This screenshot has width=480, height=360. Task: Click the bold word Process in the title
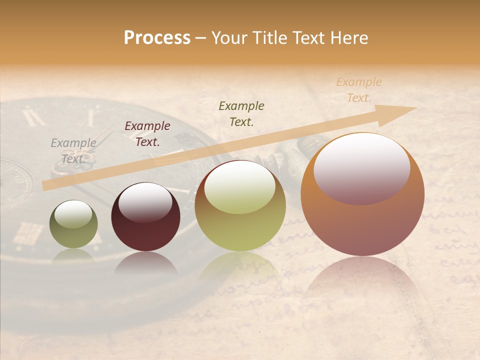tap(157, 37)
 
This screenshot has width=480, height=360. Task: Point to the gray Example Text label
tap(73, 150)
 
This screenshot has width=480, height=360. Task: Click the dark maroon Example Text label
tap(147, 133)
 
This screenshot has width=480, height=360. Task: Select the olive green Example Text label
tap(241, 113)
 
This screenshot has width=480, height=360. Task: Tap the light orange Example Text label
tap(359, 90)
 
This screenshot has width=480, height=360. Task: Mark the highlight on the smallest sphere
tap(73, 214)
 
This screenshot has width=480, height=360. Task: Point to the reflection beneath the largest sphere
tap(362, 280)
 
